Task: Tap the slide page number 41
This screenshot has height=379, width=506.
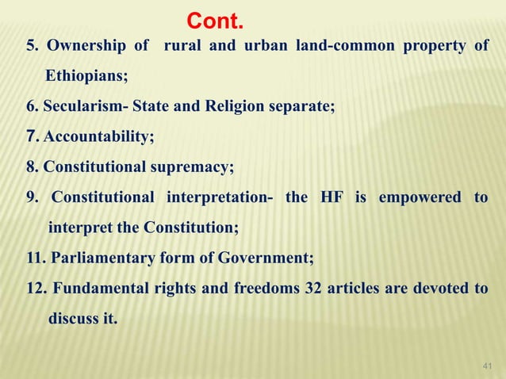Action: pos(486,364)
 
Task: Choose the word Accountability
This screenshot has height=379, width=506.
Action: pos(99,137)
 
